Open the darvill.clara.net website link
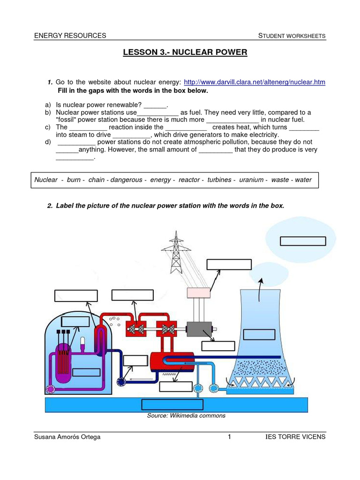pyautogui.click(x=254, y=82)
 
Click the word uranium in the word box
pyautogui.click(x=251, y=180)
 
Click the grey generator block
pyautogui.click(x=199, y=329)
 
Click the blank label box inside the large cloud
pyautogui.click(x=302, y=241)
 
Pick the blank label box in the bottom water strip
pyautogui.click(x=172, y=405)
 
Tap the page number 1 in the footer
pyautogui.click(x=229, y=437)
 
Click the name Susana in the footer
pyautogui.click(x=46, y=437)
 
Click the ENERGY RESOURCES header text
pyautogui.click(x=70, y=36)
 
